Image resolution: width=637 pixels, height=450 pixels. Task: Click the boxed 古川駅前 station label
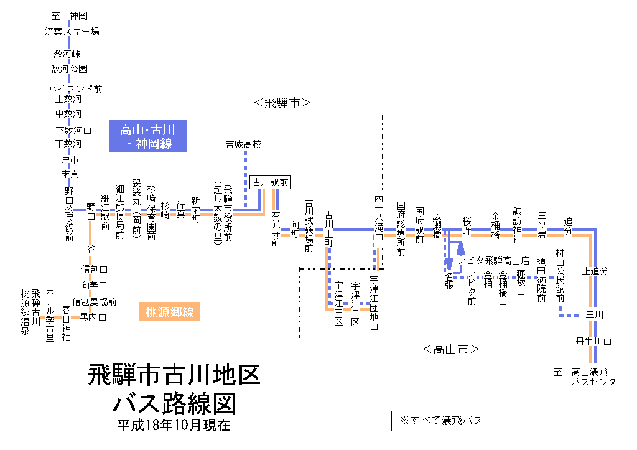(x=271, y=182)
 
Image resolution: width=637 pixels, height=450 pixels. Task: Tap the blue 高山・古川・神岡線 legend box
(x=147, y=136)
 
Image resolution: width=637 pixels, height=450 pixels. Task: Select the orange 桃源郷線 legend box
(x=169, y=312)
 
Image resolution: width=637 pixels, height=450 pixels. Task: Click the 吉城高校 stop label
(x=244, y=144)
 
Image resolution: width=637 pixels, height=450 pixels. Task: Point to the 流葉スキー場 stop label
(x=72, y=31)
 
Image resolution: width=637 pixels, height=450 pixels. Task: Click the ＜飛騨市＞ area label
(x=282, y=103)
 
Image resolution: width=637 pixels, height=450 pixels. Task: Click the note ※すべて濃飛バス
(x=441, y=421)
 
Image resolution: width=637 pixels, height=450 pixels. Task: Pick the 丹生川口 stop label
(x=594, y=342)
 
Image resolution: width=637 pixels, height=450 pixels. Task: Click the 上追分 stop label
(x=595, y=271)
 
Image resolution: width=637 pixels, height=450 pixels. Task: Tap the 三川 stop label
(x=595, y=315)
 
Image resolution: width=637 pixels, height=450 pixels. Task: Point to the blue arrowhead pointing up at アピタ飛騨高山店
(x=461, y=248)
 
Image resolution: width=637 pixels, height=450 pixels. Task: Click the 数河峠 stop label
(x=67, y=54)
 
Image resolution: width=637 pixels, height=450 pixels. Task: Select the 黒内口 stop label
(x=93, y=317)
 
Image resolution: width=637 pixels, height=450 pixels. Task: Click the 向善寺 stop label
(x=94, y=285)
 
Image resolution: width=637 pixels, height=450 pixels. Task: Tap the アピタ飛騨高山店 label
(x=494, y=261)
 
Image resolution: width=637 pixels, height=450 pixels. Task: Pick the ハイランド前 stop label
(x=75, y=89)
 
